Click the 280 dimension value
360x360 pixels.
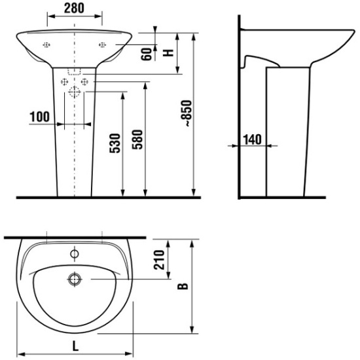coord(74,9)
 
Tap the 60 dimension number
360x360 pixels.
coord(147,54)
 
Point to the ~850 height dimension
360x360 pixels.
coord(186,113)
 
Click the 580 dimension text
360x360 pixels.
coord(137,139)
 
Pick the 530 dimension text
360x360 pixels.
coord(115,143)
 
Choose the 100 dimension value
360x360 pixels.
coord(39,117)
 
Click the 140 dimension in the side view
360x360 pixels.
coord(252,139)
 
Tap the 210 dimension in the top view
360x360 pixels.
coord(159,260)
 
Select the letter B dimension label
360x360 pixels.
coord(183,286)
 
